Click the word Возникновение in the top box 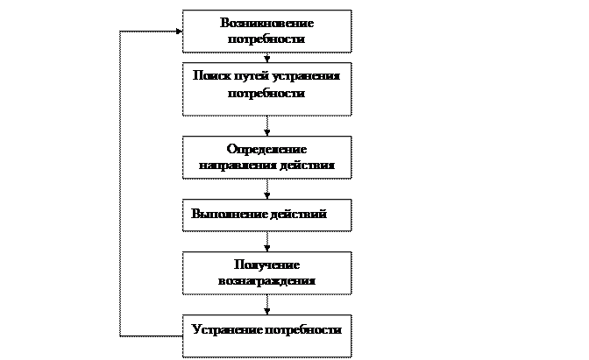(x=267, y=24)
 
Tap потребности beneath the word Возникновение (x=267, y=39)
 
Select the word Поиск (x=210, y=77)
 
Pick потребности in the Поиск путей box (x=266, y=93)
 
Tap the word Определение (x=266, y=149)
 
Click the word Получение (x=266, y=265)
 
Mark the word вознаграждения (x=266, y=281)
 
